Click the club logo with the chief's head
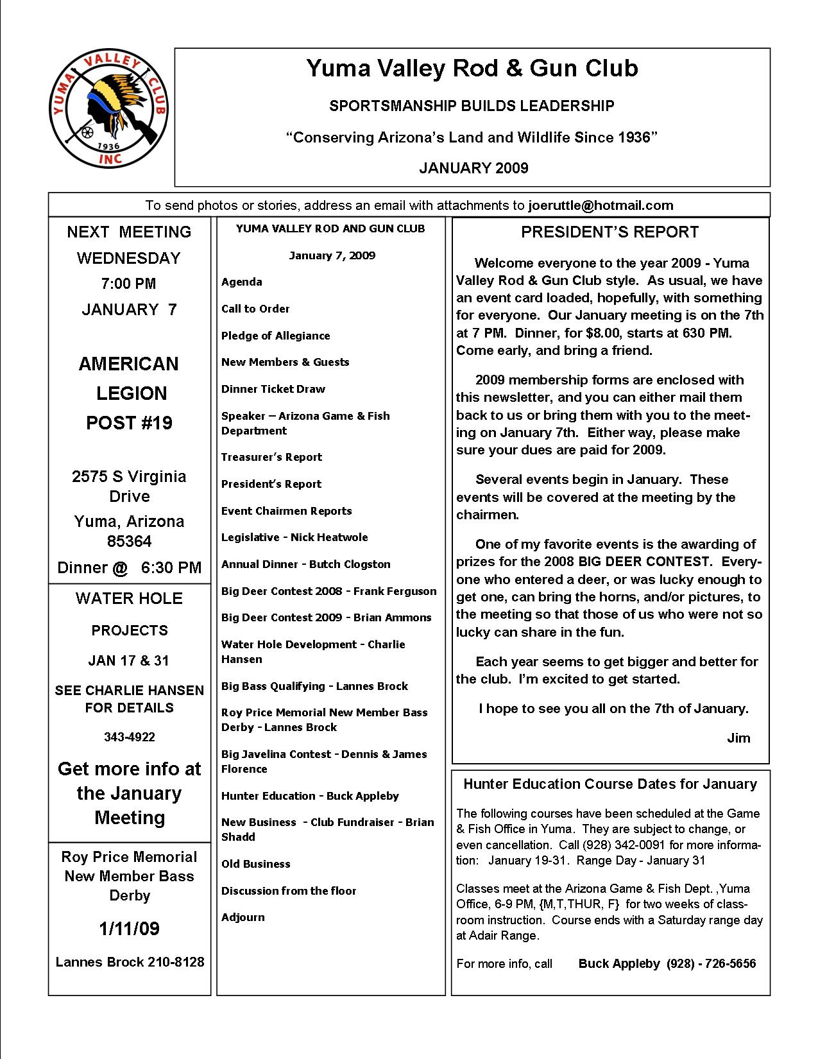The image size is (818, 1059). (x=108, y=109)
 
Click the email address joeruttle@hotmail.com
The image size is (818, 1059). (x=601, y=205)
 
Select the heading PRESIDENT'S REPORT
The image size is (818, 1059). (x=609, y=232)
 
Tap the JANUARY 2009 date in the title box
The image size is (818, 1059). (x=473, y=168)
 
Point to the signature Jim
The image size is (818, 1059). (x=738, y=738)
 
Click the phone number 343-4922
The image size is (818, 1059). (x=130, y=737)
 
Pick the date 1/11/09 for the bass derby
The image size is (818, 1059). (x=130, y=929)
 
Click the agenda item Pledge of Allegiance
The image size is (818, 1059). (x=275, y=336)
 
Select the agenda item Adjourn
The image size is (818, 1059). (x=243, y=917)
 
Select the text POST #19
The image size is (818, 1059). (x=130, y=423)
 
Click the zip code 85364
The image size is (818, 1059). (x=130, y=541)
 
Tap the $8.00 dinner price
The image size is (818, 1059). (x=599, y=333)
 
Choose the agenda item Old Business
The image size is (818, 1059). (x=255, y=864)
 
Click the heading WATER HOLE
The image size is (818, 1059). (x=130, y=599)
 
